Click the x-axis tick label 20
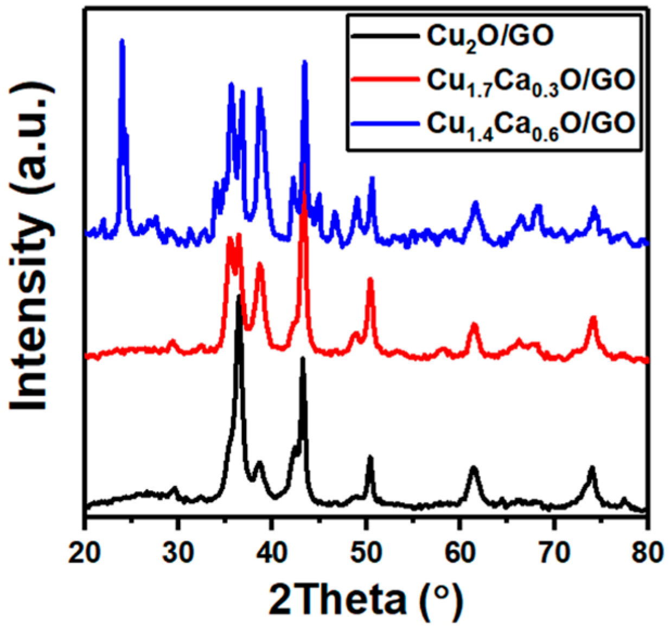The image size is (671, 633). coord(85,553)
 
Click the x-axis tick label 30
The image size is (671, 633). coord(179,553)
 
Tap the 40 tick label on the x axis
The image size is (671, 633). coord(272,553)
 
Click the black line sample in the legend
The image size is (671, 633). coord(385,36)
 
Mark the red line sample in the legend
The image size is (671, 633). coord(385,79)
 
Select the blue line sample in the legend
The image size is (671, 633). coord(385,123)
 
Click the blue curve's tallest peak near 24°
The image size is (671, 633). coord(122,41)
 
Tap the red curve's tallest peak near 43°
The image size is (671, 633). coord(305,166)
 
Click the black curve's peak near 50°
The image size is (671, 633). coord(370,458)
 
